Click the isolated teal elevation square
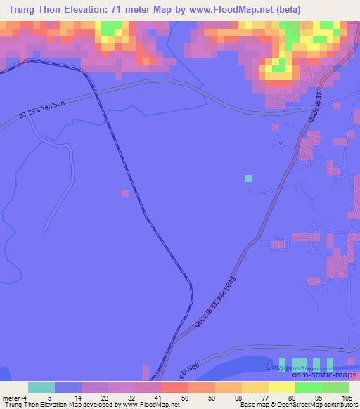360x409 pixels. [x=247, y=178]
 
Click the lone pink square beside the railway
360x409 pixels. [x=125, y=192]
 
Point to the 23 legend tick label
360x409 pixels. [x=105, y=397]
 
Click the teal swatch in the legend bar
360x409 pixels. [x=41, y=387]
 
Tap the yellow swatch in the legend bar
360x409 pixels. [x=281, y=387]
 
